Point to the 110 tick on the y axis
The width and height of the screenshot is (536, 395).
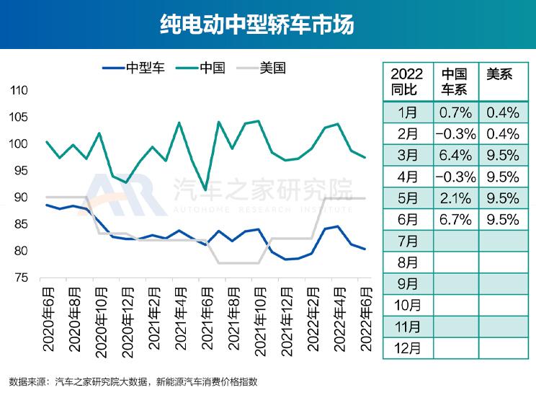(x=19, y=91)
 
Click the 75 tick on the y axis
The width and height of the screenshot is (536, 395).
(x=21, y=278)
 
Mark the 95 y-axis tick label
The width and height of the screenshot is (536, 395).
(x=21, y=171)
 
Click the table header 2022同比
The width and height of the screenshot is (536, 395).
(x=406, y=81)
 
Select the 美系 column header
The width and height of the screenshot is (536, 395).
(x=500, y=74)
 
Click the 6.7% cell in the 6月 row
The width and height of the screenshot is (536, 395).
(x=455, y=218)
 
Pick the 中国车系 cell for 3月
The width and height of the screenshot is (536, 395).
(x=455, y=154)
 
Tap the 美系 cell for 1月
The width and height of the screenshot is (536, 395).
(x=502, y=112)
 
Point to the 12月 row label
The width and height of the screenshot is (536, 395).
(x=406, y=347)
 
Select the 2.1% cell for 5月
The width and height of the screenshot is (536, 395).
(x=455, y=197)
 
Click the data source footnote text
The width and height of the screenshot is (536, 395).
(x=133, y=381)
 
